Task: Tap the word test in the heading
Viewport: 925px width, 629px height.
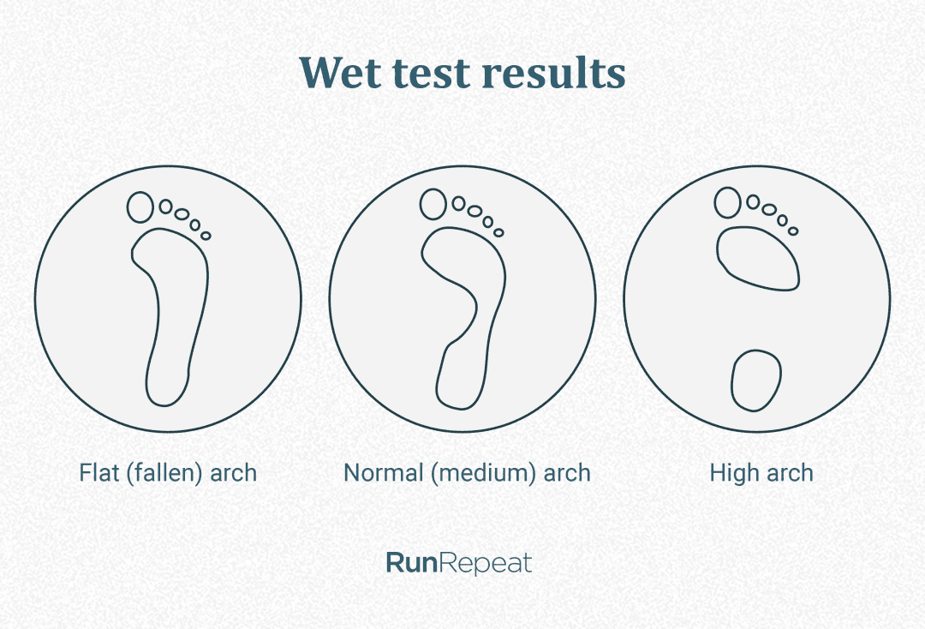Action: coord(430,73)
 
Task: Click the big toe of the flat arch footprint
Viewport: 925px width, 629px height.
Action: coord(140,207)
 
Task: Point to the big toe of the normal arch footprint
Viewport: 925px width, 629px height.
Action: coord(433,204)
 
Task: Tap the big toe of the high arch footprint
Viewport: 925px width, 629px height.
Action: coord(727,203)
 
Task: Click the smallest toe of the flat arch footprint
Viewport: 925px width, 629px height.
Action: coord(206,236)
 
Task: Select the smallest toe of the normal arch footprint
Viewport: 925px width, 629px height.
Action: coord(498,231)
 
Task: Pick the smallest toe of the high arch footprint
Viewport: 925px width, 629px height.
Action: coord(793,231)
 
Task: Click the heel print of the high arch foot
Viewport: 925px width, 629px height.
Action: coord(756,379)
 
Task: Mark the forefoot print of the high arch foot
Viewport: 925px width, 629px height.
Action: coord(757,257)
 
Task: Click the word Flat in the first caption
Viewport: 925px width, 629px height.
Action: coord(98,472)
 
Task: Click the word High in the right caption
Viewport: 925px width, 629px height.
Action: coord(729,472)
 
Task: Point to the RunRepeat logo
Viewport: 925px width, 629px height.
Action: coord(458,563)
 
